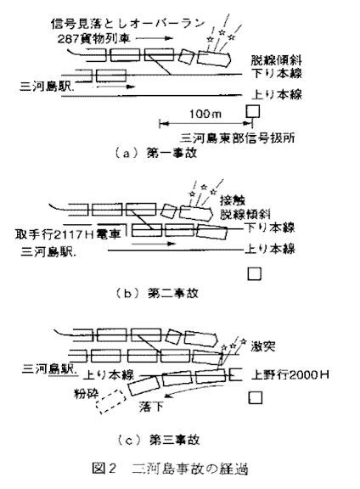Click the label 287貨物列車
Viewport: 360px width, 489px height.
point(94,39)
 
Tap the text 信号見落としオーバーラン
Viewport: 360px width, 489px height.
point(127,24)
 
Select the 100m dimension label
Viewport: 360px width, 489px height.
point(205,114)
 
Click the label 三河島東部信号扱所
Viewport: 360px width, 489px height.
point(238,138)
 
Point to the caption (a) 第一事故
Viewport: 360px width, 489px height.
point(156,153)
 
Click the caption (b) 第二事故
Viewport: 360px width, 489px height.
point(157,293)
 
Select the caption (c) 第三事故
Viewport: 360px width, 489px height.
point(158,440)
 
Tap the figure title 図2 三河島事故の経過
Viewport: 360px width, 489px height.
point(170,469)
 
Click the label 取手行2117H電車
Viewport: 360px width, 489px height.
point(68,234)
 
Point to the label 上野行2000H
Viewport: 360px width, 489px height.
point(290,374)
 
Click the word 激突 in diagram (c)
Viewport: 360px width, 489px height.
point(263,346)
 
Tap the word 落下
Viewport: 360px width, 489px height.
point(151,407)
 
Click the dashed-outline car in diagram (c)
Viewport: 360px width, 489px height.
point(110,402)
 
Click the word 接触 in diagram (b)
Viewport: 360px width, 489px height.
point(233,200)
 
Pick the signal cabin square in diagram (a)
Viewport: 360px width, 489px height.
point(253,111)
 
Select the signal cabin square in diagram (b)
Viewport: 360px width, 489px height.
point(254,274)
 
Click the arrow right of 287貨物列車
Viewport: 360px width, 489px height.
point(155,38)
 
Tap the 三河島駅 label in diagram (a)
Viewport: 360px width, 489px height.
point(47,87)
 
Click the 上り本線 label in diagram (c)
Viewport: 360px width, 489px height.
point(109,374)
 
